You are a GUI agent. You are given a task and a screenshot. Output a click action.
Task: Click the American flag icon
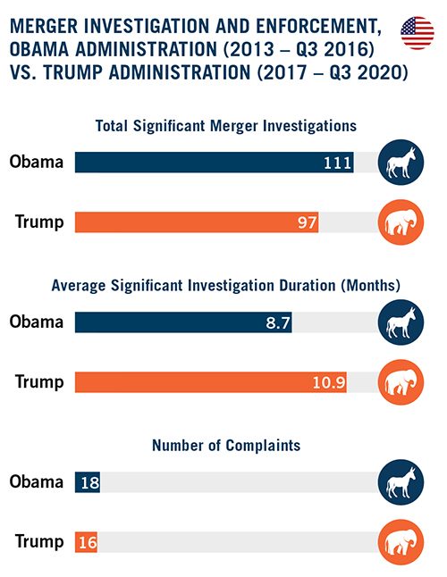click(x=417, y=33)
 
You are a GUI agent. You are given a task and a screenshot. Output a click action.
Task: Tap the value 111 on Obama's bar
click(x=337, y=163)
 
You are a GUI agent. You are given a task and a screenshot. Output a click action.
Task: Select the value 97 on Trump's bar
click(x=307, y=222)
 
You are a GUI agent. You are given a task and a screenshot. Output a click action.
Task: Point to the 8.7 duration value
click(x=278, y=322)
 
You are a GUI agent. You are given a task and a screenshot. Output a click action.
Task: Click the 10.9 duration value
click(x=329, y=382)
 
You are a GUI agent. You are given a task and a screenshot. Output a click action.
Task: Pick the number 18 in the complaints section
click(x=89, y=482)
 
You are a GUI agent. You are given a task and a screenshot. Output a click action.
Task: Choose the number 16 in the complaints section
click(x=88, y=542)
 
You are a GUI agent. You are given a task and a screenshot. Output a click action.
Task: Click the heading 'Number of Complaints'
click(x=226, y=446)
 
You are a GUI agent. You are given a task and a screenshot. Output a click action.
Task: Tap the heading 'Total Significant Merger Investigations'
click(x=226, y=126)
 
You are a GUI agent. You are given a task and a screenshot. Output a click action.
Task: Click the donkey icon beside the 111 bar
click(x=401, y=163)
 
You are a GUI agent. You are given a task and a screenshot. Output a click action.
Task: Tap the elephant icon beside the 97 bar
click(x=401, y=222)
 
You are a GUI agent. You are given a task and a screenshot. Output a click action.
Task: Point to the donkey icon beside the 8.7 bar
click(x=401, y=322)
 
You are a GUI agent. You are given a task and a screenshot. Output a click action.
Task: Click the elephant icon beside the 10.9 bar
click(x=401, y=382)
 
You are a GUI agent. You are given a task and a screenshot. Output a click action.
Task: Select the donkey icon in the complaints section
click(x=401, y=482)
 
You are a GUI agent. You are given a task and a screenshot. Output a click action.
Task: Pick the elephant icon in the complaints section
click(x=401, y=542)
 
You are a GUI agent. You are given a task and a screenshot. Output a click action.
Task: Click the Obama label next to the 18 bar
click(x=37, y=481)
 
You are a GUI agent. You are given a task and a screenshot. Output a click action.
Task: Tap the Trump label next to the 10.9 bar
click(x=39, y=382)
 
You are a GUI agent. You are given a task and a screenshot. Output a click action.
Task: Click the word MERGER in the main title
click(x=44, y=27)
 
